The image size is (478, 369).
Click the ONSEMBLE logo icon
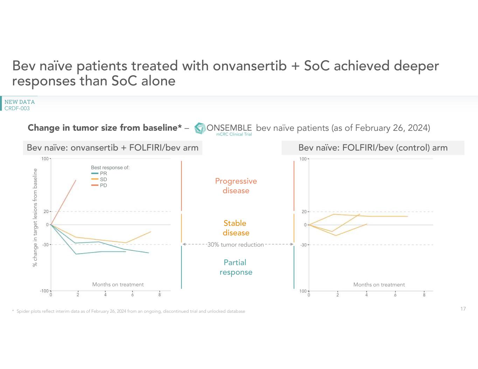coord(200,128)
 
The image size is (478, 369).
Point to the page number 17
coord(463,309)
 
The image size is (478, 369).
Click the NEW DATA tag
coord(20,102)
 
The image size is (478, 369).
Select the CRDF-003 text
coord(17,108)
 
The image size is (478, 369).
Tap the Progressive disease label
coord(236,186)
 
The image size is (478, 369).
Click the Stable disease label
coord(235,228)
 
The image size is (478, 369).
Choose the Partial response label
coord(236,267)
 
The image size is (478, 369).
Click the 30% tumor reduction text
coord(235,245)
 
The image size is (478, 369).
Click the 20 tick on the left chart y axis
coord(46,212)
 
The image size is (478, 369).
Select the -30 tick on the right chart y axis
coord(303,245)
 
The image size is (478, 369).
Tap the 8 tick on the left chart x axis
coord(160,295)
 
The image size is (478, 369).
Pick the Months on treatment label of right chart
coord(379,285)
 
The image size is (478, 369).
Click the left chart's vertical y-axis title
coord(35,218)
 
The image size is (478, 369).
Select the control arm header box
coord(373,148)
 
